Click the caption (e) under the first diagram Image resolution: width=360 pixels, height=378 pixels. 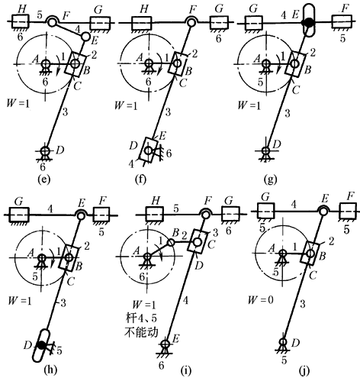pyautogui.click(x=43, y=179)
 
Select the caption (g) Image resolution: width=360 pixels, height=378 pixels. pyautogui.click(x=270, y=179)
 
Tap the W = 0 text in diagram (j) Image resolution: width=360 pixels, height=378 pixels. pyautogui.click(x=261, y=300)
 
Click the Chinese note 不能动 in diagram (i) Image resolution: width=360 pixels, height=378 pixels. pyautogui.click(x=141, y=331)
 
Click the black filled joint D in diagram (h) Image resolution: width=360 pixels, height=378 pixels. pyautogui.click(x=41, y=345)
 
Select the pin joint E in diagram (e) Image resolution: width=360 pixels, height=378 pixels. pyautogui.click(x=85, y=37)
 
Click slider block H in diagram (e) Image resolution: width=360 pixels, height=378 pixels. pyautogui.click(x=21, y=22)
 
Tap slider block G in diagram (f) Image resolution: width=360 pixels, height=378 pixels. pyautogui.click(x=219, y=22)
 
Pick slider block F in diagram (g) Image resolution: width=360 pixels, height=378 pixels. pyautogui.click(x=342, y=22)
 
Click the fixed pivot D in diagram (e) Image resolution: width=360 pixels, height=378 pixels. pyautogui.click(x=45, y=150)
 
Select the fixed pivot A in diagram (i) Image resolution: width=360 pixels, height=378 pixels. pyautogui.click(x=147, y=257)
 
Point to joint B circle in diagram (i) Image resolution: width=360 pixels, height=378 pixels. pyautogui.click(x=171, y=242)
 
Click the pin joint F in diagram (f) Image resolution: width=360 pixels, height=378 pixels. pyautogui.click(x=191, y=22)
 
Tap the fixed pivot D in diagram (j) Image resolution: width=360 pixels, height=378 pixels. pyautogui.click(x=283, y=342)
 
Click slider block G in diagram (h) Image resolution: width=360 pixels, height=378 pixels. pyautogui.click(x=19, y=215)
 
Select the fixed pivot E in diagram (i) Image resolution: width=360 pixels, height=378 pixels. pyautogui.click(x=166, y=344)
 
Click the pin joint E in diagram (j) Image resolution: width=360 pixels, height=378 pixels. pyautogui.click(x=323, y=211)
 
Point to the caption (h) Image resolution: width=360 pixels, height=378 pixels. pyautogui.click(x=50, y=369)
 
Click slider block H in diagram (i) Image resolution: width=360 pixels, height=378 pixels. pyautogui.click(x=155, y=215)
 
